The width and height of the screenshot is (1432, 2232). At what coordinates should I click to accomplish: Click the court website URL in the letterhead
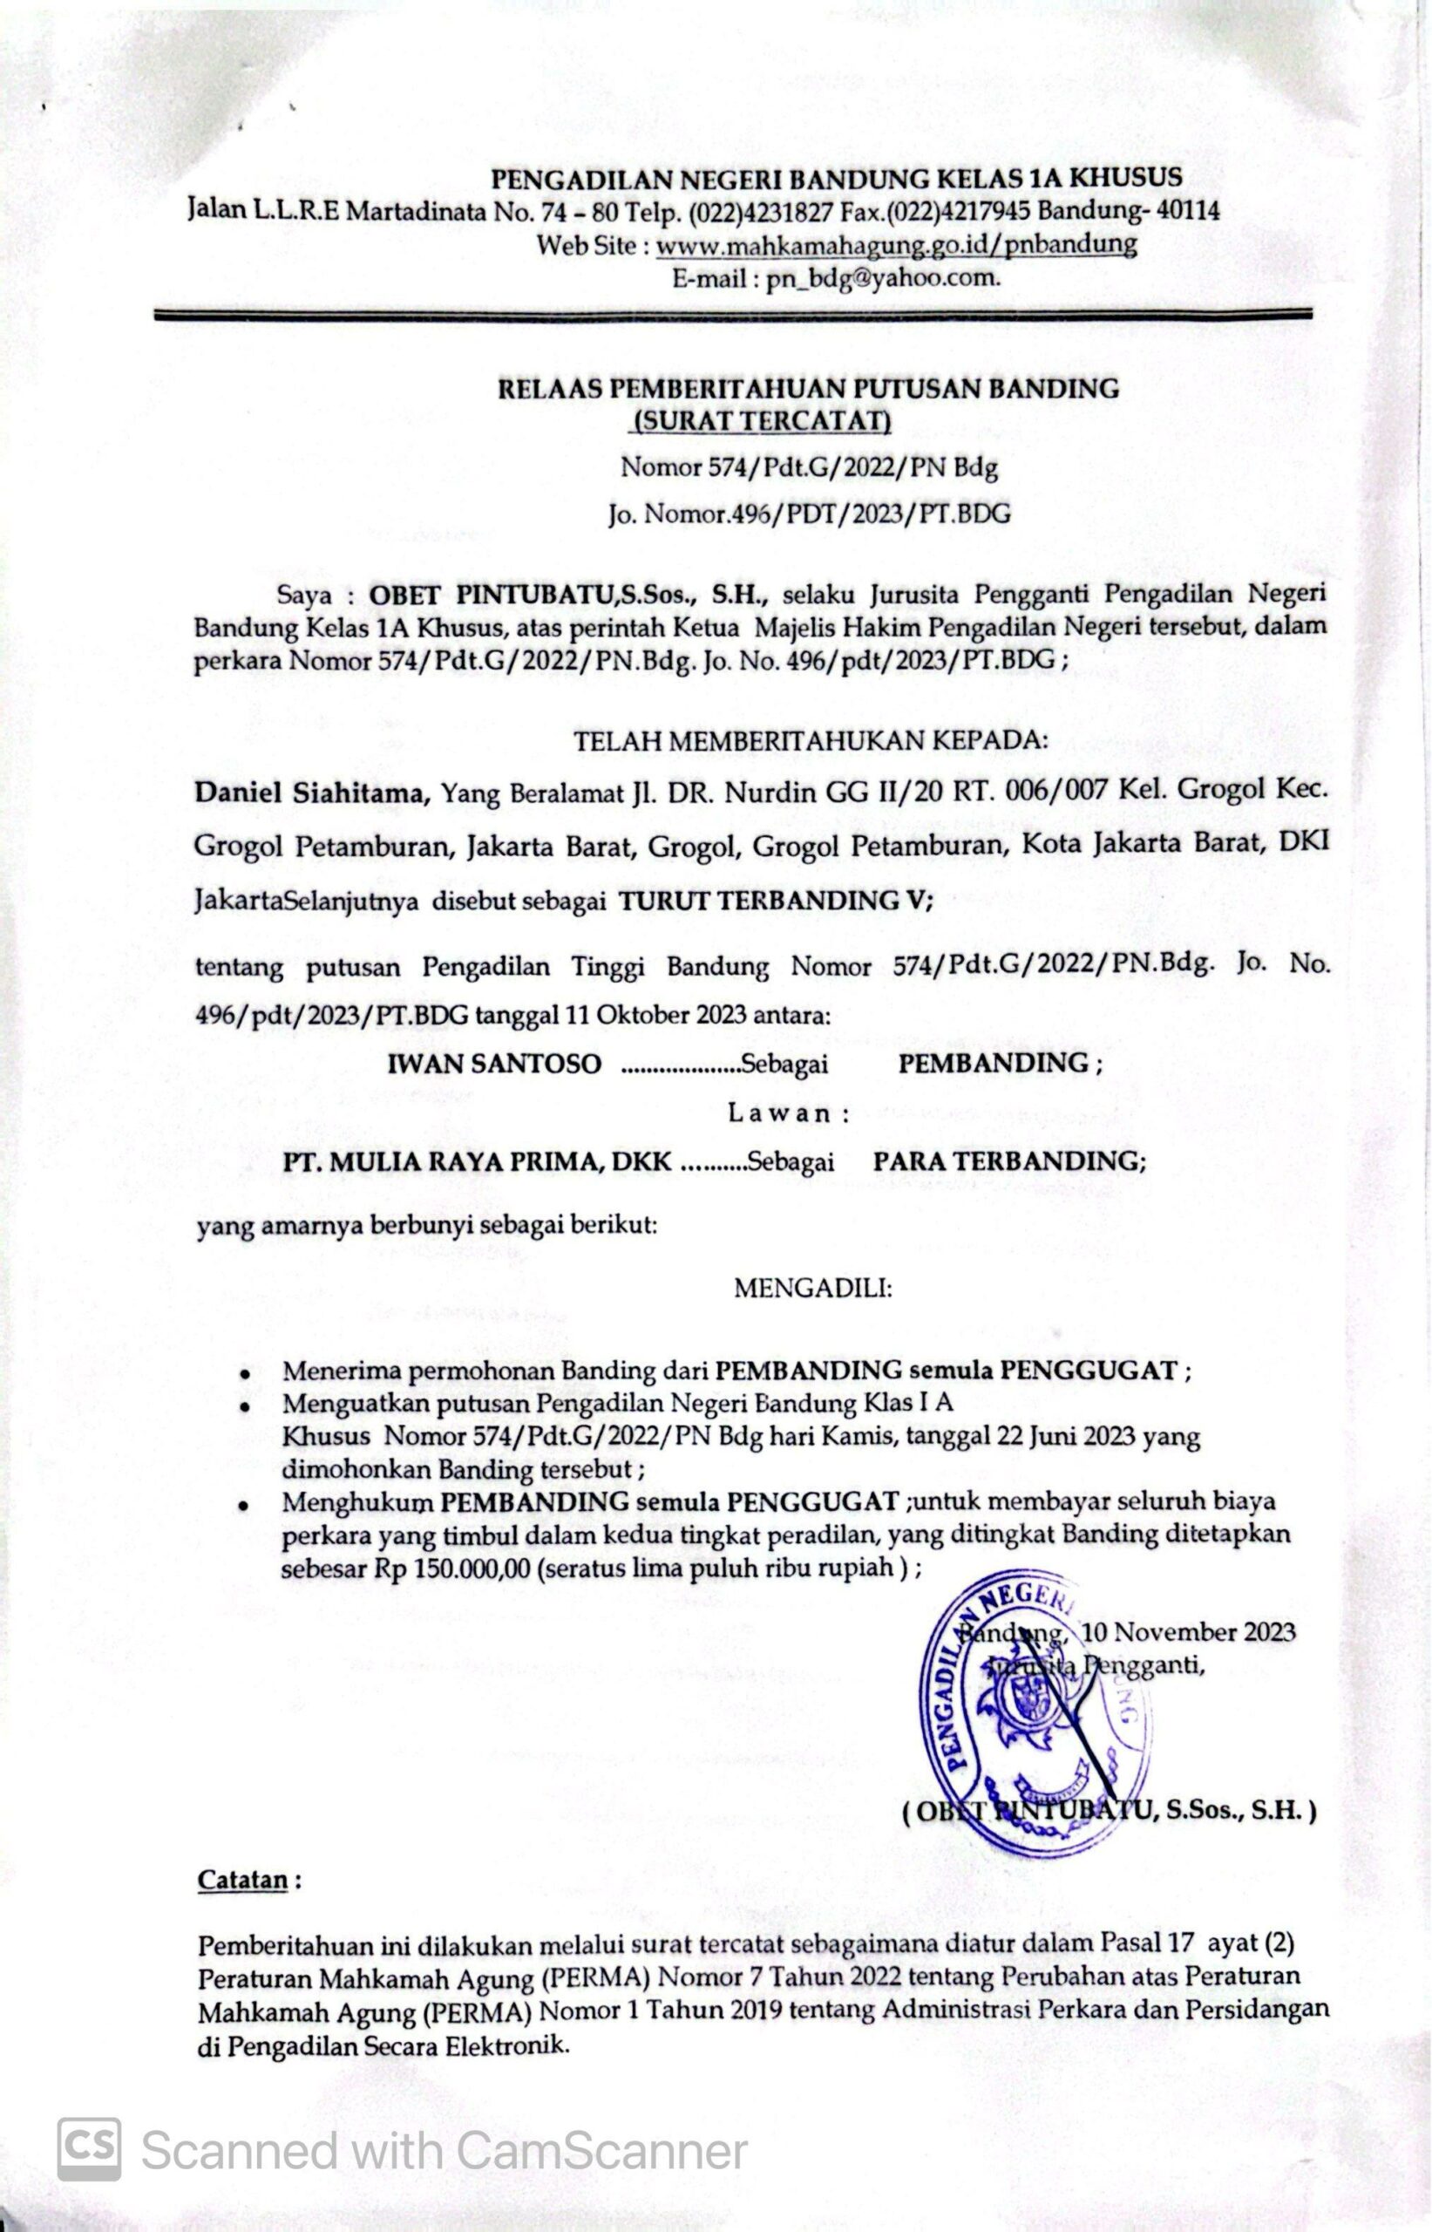point(895,246)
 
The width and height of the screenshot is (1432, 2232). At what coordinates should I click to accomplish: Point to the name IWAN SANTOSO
point(494,1064)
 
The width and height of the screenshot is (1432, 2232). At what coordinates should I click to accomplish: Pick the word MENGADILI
point(812,1289)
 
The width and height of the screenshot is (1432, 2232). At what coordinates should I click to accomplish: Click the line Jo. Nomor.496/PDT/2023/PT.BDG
point(809,514)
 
